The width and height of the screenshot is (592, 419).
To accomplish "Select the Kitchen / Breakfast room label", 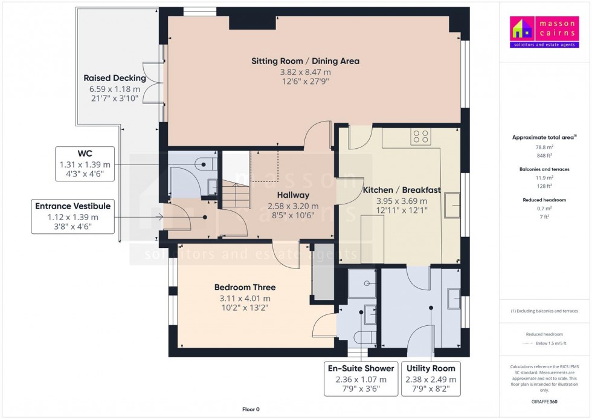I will [401, 190].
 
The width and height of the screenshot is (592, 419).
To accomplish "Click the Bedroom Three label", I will [245, 287].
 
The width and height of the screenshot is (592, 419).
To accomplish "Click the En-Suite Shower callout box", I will [361, 378].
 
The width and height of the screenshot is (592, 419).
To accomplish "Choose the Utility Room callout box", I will [431, 378].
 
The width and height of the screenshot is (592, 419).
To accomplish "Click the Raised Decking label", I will [115, 78].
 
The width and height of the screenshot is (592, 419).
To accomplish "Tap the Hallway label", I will [293, 195].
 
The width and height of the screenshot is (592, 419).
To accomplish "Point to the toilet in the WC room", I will [205, 162].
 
